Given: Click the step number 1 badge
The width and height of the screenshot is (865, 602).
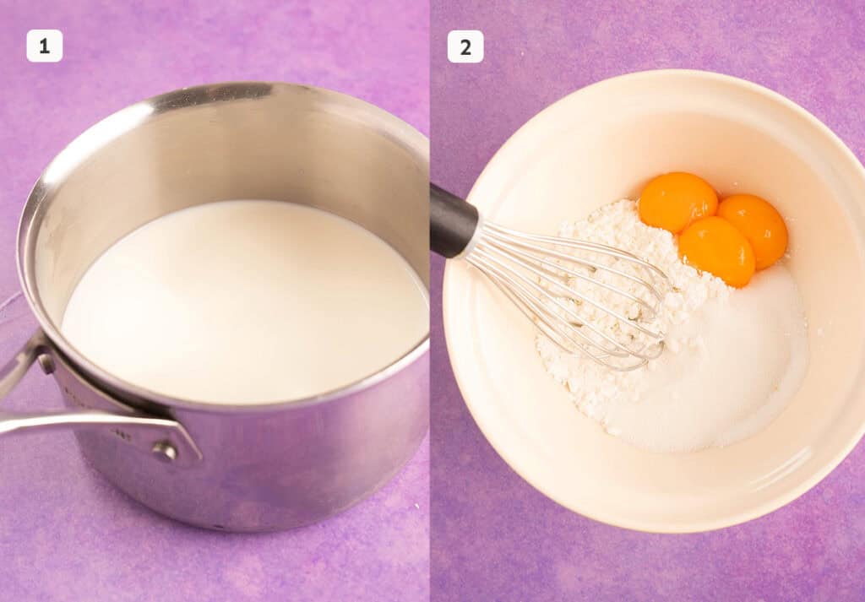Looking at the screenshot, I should coord(44,46).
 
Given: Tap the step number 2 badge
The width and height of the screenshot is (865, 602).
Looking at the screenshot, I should coord(465,46).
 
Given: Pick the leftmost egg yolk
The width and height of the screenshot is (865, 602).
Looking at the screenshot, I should coord(677,202).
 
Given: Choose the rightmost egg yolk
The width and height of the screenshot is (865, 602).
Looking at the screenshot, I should coord(754,229).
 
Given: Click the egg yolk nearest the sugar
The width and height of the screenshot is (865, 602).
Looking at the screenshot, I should coord(717,252).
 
